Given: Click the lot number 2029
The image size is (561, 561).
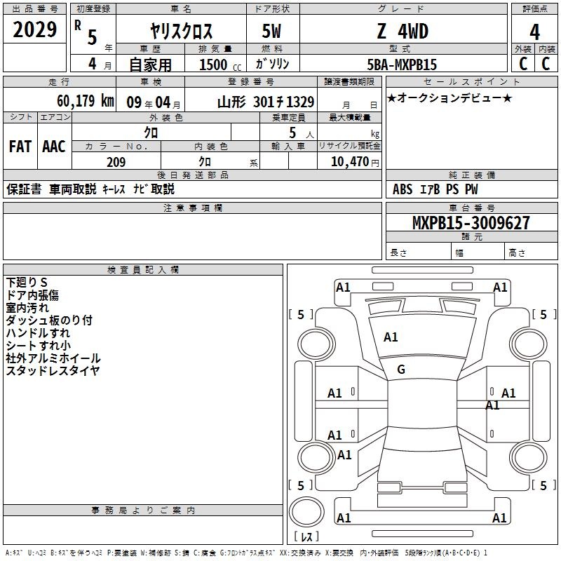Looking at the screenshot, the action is tap(34, 29).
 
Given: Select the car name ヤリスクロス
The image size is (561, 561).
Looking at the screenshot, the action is tap(181, 31).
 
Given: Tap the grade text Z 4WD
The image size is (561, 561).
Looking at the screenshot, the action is tap(403, 31).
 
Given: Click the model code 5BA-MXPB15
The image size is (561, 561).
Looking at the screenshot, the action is tap(402, 65).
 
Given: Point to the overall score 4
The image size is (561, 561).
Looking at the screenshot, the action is tap(534, 32).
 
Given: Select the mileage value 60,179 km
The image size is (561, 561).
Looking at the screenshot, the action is tap(86, 100).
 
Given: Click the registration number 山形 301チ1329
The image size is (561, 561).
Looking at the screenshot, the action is tap(266, 102).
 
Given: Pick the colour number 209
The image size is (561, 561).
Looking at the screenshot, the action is tap(116, 162).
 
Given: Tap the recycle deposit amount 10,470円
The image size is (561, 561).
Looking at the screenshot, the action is tap(355, 162).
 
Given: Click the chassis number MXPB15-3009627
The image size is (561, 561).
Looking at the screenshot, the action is tap(471, 223).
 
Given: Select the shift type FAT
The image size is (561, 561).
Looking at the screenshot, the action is tap(20, 147).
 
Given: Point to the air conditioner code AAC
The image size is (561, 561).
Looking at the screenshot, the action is tap(54, 147).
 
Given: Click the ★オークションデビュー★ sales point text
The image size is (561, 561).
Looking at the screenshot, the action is tap(450, 97).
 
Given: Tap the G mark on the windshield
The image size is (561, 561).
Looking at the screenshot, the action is tap(401, 370).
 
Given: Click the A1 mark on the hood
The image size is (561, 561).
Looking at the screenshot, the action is tap(391, 337).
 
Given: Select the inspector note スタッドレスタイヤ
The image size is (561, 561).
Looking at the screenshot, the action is tap(53, 371).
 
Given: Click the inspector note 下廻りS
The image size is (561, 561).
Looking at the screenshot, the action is tap(27, 283).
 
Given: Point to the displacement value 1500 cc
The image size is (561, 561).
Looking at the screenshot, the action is tap(220, 65).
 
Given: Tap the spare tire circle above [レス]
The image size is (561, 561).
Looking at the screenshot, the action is tap(306, 512).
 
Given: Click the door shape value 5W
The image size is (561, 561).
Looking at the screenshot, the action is tap(271, 31).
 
